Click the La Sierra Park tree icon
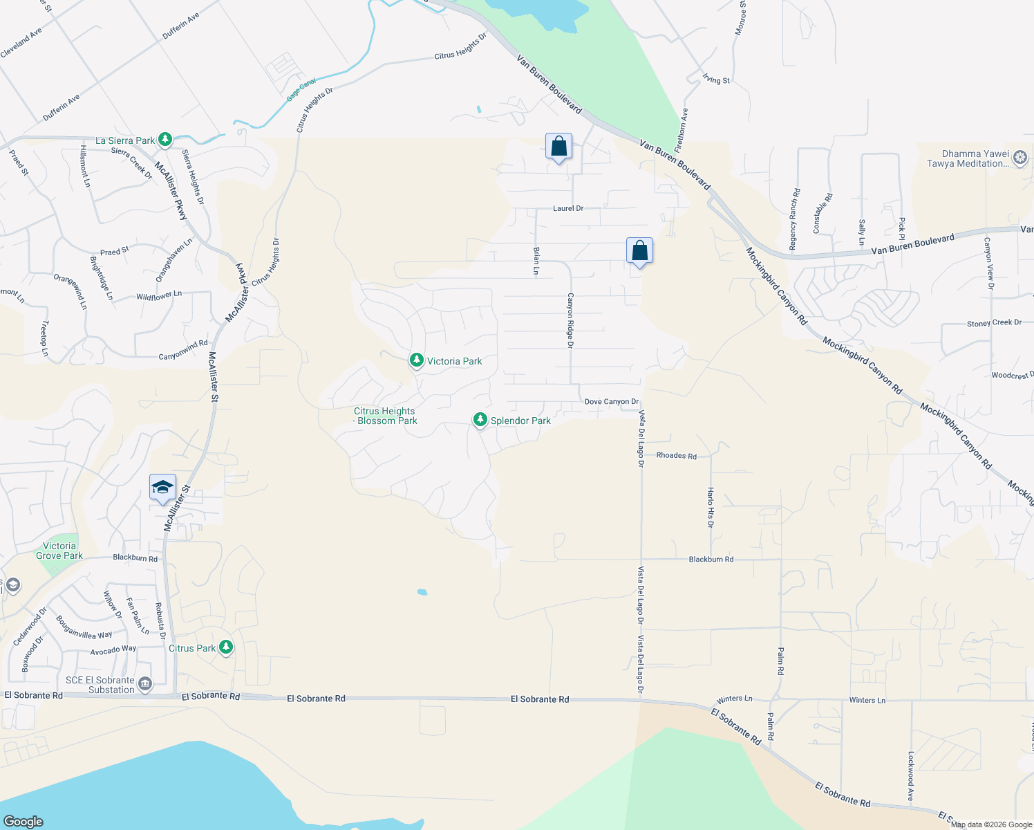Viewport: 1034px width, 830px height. (164, 140)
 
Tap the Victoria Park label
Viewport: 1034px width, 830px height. (454, 361)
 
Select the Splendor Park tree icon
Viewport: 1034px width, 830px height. (480, 420)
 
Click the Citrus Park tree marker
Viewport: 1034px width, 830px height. (225, 647)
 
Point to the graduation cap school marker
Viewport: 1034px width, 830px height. (162, 487)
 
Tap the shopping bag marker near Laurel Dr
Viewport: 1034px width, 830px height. (558, 147)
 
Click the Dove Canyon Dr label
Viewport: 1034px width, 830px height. (611, 402)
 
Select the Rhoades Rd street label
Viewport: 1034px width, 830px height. (676, 456)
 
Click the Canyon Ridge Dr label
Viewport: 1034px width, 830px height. (570, 320)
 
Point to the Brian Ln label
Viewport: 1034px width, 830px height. (536, 261)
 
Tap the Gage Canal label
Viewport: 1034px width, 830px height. (301, 90)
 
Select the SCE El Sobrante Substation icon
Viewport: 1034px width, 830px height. (144, 684)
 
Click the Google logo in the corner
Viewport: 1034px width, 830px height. (23, 821)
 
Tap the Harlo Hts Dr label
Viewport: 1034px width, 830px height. (710, 507)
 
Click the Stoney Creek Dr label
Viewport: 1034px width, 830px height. (994, 323)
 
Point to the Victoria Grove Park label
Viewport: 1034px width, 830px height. (59, 551)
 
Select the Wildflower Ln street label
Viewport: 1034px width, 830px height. (159, 295)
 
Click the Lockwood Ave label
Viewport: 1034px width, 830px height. (910, 776)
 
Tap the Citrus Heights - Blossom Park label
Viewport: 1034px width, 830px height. (385, 416)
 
